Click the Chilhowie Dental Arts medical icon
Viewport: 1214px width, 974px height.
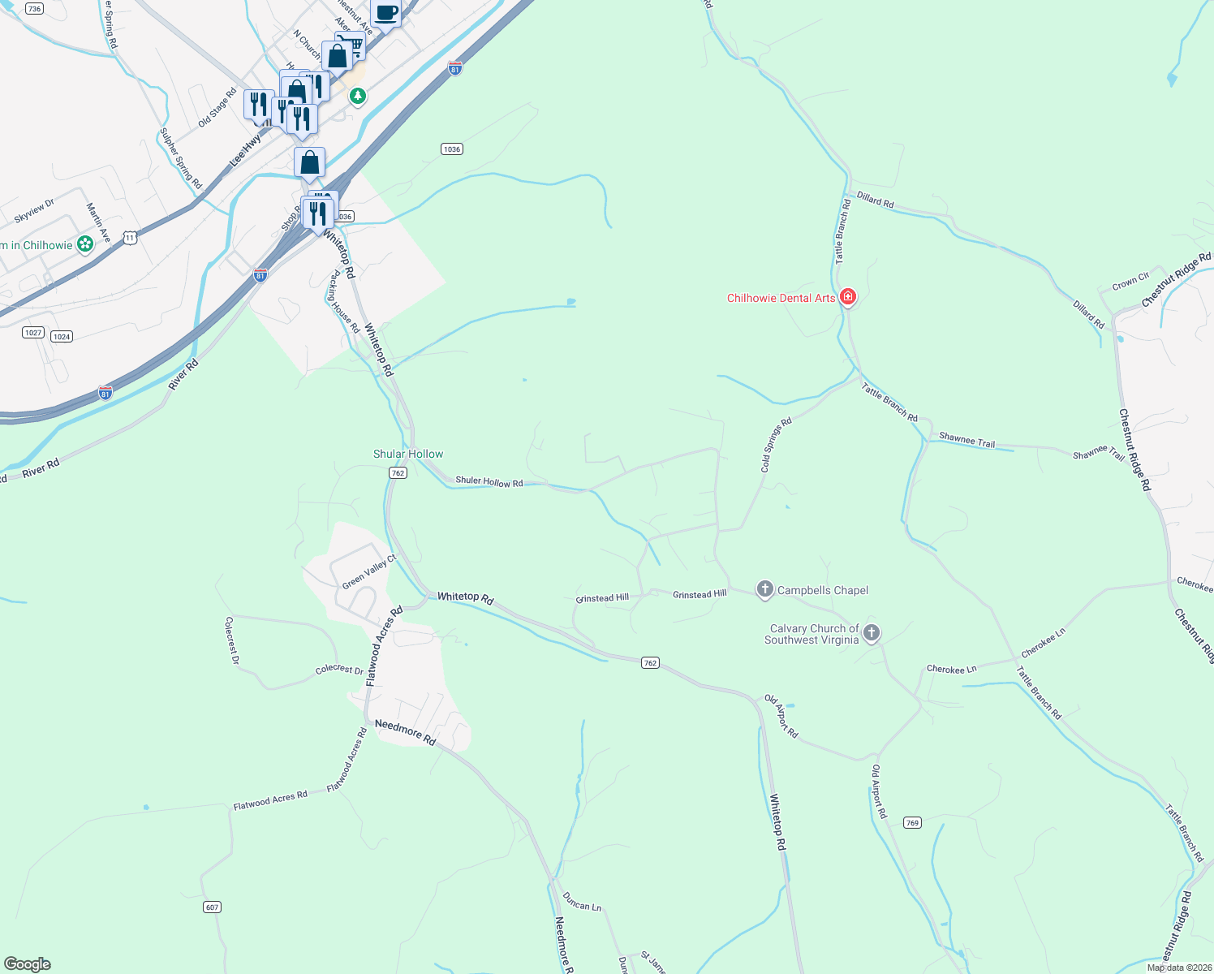click(848, 297)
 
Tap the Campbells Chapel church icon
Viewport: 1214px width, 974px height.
click(764, 589)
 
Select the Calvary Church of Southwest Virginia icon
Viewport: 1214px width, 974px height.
click(872, 633)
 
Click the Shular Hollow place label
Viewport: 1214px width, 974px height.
click(408, 454)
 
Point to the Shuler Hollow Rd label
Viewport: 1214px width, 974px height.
click(489, 481)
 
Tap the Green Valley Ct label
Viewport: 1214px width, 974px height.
click(369, 572)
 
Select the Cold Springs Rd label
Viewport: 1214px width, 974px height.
click(776, 446)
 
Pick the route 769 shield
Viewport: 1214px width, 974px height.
click(912, 823)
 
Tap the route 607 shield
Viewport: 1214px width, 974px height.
click(212, 907)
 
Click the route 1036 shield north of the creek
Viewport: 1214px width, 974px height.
click(452, 149)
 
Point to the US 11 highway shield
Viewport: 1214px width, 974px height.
click(131, 237)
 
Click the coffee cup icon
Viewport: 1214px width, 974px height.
click(386, 13)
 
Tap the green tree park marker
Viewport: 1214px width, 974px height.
click(357, 97)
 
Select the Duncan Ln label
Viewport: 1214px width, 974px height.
click(582, 901)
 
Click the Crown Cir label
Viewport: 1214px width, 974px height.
click(1130, 282)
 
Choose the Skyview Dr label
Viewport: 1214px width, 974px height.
click(34, 211)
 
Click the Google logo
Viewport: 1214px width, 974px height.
click(27, 964)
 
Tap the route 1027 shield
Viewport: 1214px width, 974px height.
click(33, 333)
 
